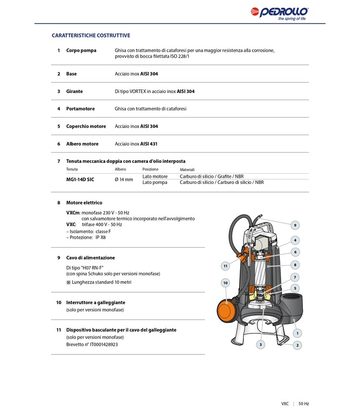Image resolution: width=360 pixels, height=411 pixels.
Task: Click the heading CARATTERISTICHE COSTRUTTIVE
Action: (x=91, y=35)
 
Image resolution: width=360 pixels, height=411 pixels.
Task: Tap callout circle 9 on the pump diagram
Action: (x=295, y=225)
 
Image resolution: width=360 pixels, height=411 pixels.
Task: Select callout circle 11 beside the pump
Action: (x=225, y=266)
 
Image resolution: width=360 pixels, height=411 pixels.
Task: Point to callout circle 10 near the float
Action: (x=225, y=282)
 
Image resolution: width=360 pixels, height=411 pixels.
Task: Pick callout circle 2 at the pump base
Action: (x=298, y=346)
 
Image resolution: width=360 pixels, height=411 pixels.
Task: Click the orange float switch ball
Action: (x=226, y=309)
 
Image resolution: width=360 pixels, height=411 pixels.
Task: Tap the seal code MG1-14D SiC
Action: (x=80, y=179)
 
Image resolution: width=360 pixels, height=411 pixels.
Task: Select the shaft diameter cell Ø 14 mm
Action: (x=123, y=179)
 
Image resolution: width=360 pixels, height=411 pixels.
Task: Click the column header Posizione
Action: (x=150, y=169)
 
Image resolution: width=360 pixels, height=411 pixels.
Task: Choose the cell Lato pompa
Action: (x=155, y=182)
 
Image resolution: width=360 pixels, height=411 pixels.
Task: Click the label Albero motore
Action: (x=82, y=144)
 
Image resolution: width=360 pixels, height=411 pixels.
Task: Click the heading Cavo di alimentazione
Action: (x=90, y=257)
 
